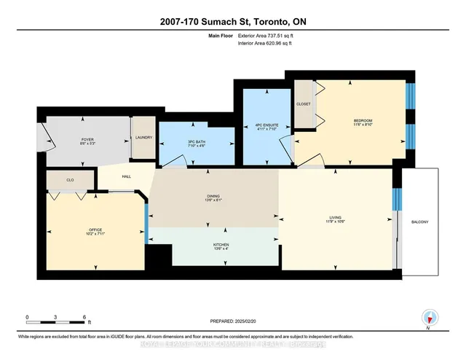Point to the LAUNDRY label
tap(143, 138)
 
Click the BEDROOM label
tap(363, 122)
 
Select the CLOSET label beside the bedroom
tap(304, 103)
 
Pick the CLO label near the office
tap(71, 179)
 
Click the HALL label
tap(126, 176)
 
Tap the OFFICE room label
tap(96, 232)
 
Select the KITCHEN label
tap(220, 245)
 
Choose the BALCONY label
tap(419, 222)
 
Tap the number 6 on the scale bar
tap(84, 318)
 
